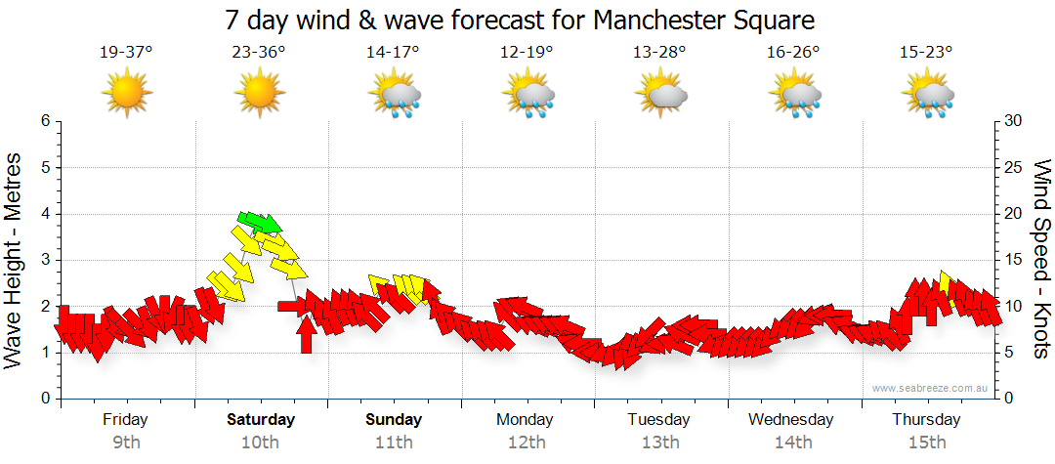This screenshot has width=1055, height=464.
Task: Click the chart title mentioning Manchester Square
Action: coord(519,20)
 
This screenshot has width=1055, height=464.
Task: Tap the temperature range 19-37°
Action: coord(126,54)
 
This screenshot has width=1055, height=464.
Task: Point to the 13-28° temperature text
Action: coord(659,54)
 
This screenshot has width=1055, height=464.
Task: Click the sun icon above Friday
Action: coord(126,94)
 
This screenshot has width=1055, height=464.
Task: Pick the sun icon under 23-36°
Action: coord(259,94)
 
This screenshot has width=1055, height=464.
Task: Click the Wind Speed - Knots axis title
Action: coord(1040,259)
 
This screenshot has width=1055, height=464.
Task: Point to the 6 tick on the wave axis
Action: coord(45,121)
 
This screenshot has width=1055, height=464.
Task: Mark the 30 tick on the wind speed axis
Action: coord(1013,121)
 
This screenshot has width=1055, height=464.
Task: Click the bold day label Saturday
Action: coord(260,420)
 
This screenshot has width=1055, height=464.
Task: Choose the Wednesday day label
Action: coord(791,420)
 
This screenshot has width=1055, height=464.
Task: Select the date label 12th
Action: coord(527,443)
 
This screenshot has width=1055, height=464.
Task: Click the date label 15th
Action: coord(927,443)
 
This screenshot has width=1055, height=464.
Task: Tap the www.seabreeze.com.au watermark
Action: coord(932,388)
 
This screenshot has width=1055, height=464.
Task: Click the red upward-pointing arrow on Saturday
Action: coord(307,333)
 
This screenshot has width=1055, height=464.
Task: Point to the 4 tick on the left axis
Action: coord(45,214)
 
